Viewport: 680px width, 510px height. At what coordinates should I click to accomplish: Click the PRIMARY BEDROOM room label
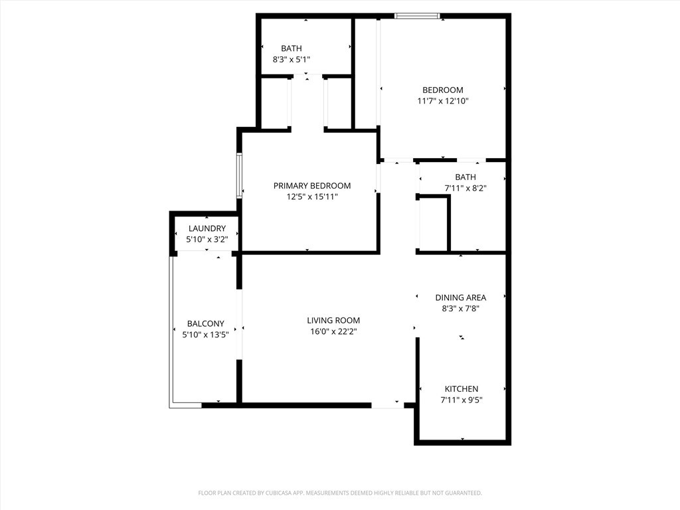click(312, 186)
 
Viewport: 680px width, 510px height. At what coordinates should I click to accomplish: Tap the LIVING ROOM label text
click(333, 321)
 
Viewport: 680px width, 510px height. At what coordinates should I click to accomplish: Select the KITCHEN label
click(462, 389)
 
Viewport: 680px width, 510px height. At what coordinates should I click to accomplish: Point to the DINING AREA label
click(461, 297)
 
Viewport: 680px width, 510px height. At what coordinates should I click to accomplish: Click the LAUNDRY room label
click(207, 228)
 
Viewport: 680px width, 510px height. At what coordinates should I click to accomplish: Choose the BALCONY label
click(206, 323)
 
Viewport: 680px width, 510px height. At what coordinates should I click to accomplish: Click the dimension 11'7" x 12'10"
click(443, 101)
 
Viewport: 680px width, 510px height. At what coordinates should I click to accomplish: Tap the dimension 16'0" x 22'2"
click(333, 332)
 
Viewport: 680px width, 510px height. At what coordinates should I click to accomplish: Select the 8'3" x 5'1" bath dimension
click(292, 59)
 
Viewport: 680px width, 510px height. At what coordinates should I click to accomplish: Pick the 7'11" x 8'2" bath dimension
click(466, 188)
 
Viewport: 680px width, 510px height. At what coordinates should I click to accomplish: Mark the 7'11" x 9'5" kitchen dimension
click(462, 400)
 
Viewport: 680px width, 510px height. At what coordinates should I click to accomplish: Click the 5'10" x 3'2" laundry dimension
click(207, 239)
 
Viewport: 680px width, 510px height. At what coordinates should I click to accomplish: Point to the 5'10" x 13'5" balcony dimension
click(206, 335)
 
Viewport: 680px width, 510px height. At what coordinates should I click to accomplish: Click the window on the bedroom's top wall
click(417, 17)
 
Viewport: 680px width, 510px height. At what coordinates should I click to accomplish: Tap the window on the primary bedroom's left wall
click(239, 175)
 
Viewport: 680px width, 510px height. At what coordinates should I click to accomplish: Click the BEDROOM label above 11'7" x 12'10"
click(443, 90)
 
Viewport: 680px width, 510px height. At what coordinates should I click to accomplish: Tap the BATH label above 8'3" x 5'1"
click(292, 48)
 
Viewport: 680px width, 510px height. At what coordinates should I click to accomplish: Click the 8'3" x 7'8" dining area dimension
click(461, 309)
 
